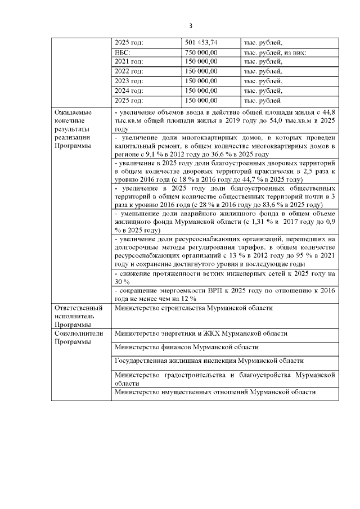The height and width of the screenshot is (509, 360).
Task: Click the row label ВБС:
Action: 123,52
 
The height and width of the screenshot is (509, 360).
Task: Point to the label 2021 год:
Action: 129,62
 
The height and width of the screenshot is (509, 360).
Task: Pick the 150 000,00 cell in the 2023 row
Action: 201,81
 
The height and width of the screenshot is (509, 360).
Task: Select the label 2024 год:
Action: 129,91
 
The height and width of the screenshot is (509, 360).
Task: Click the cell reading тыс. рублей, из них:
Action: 274,52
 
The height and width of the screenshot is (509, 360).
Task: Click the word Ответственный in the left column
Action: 78,308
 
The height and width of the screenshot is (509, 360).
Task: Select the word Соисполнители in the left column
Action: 78,333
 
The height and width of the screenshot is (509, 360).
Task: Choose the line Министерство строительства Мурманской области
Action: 193,308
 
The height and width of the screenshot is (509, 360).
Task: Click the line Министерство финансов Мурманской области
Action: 186,347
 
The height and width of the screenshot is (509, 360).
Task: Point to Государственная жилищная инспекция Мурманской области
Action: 209,361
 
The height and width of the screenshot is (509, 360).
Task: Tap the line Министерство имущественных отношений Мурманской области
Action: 214,392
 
